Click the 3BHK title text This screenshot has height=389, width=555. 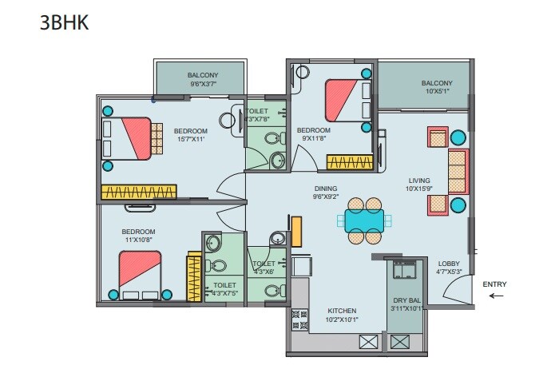pyautogui.click(x=64, y=23)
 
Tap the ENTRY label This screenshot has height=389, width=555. pyautogui.click(x=494, y=284)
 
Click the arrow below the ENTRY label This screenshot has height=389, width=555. pyautogui.click(x=496, y=296)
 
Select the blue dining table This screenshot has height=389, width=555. pyautogui.click(x=364, y=218)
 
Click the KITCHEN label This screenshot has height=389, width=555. pyautogui.click(x=341, y=311)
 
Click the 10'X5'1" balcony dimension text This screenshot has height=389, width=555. pyautogui.click(x=437, y=91)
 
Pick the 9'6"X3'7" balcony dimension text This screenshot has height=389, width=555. pyautogui.click(x=203, y=84)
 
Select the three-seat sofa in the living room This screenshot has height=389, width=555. pyautogui.click(x=456, y=171)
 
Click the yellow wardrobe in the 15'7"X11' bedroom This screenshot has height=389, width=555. pyautogui.click(x=138, y=192)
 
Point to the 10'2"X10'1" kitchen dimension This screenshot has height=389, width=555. pyautogui.click(x=341, y=320)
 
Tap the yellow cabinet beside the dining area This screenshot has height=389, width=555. pyautogui.click(x=295, y=231)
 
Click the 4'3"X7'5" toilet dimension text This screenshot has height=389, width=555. pyautogui.click(x=224, y=293)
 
